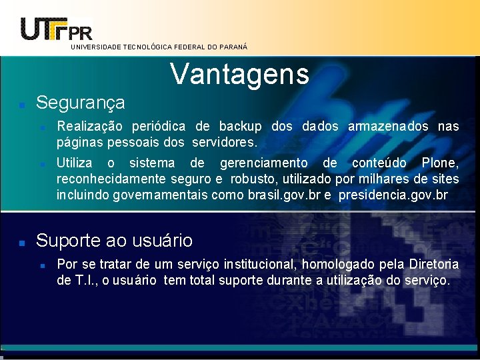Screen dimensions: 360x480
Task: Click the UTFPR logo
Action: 57,28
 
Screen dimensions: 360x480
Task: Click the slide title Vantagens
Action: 240,74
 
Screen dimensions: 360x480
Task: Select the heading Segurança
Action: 80,103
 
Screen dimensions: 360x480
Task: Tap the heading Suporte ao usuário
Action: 114,240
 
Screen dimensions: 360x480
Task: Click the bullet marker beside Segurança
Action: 22,105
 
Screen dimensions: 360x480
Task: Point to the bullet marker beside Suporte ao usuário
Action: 22,242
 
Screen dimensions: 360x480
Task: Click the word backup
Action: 241,127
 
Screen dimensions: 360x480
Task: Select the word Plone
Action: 440,163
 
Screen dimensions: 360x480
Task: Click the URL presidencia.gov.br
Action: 393,195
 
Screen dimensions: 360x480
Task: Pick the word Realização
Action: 89,127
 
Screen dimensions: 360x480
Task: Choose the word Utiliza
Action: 75,163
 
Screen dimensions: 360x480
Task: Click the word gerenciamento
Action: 263,163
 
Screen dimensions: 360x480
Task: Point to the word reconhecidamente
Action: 111,179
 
